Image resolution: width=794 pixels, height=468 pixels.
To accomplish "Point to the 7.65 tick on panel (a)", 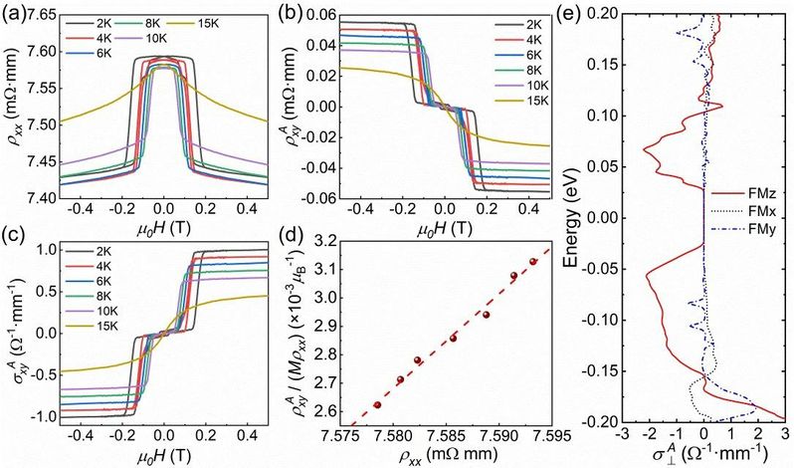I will click(25, 11).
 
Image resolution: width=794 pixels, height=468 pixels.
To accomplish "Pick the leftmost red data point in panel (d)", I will click(377, 405).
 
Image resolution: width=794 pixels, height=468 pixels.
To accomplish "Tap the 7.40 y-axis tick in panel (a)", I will click(25, 198).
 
